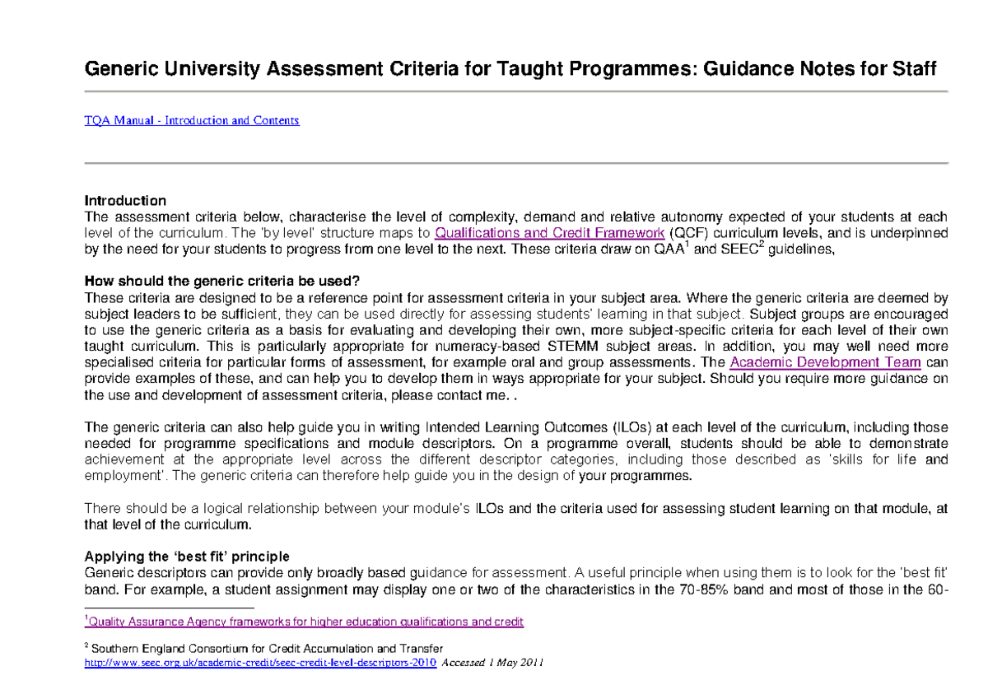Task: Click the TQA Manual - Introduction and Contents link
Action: coord(192,120)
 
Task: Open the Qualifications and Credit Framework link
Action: coord(548,233)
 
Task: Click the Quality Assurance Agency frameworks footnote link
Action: coord(305,622)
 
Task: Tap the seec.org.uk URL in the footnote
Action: coord(261,662)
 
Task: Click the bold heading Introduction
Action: coord(125,201)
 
